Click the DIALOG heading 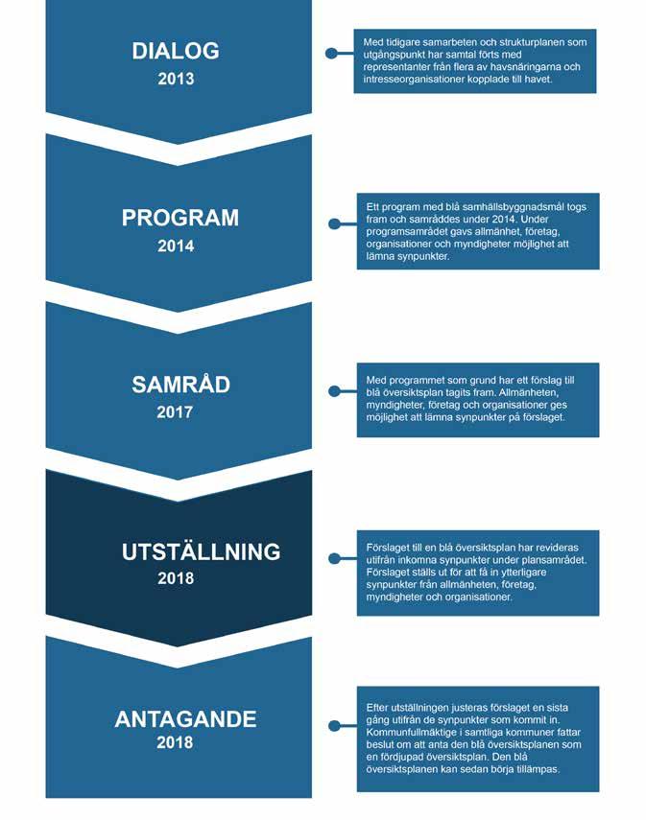(176, 51)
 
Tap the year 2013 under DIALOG (176, 79)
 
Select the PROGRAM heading (180, 218)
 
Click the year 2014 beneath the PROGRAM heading (176, 246)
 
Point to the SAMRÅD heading (180, 384)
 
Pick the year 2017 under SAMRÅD (175, 412)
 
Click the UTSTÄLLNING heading (201, 551)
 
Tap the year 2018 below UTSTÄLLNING (176, 578)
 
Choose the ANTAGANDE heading (185, 719)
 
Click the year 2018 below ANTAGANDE (175, 742)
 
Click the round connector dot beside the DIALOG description (331, 54)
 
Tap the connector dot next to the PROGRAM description (334, 223)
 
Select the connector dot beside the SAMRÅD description (334, 391)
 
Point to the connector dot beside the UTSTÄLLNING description (334, 558)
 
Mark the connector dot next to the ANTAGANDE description (334, 726)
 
